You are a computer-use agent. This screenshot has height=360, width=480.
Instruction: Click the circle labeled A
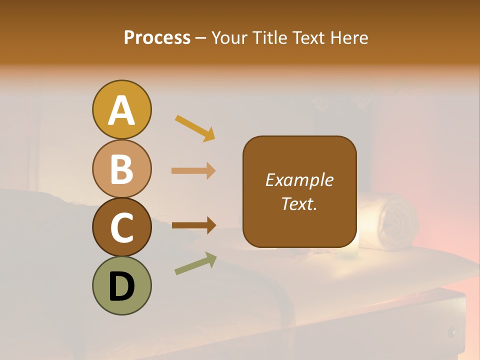[x=121, y=110]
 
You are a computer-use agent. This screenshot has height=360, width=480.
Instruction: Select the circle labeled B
[x=121, y=168]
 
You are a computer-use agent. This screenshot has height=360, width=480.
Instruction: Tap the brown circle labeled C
[x=121, y=227]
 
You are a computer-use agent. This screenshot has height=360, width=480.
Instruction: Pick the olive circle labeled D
[x=121, y=285]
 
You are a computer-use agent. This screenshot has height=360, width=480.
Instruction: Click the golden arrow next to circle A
[x=195, y=127]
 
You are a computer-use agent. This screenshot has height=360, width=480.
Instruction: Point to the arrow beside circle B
[x=193, y=171]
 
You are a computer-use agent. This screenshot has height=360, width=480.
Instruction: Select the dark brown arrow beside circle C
[x=193, y=225]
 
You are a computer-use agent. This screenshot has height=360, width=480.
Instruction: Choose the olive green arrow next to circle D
[x=195, y=263]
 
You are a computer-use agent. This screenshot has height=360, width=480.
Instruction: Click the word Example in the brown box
[x=299, y=180]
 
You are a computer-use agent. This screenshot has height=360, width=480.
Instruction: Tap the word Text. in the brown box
[x=299, y=203]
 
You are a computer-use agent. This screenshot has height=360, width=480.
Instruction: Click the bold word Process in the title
[x=157, y=37]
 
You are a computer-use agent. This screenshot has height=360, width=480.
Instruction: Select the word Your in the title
[x=231, y=37]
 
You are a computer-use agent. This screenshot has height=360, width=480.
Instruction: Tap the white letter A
[x=121, y=110]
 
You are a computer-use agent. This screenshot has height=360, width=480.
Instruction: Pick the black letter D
[x=121, y=286]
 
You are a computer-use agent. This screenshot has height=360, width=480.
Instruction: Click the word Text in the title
[x=309, y=37]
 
